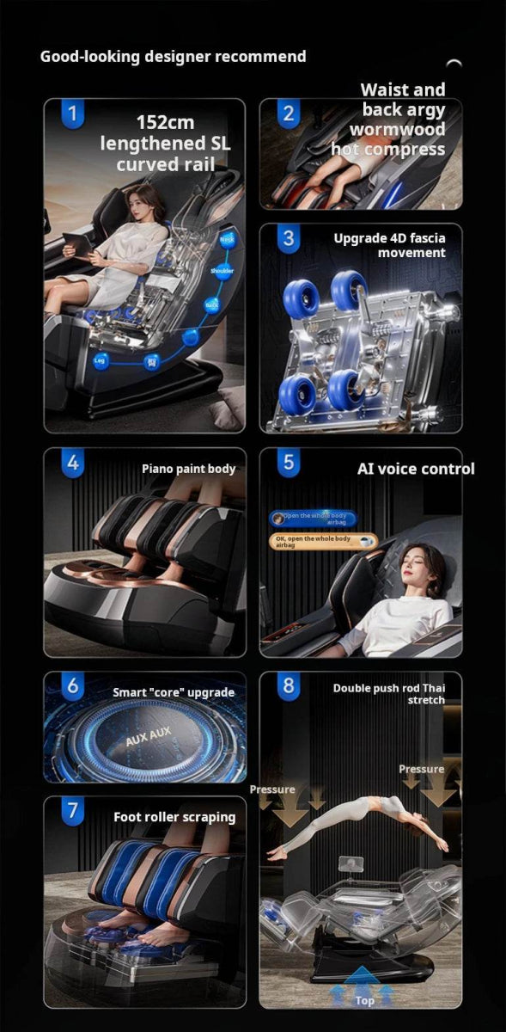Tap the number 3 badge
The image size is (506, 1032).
coord(288,238)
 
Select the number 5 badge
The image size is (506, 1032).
coord(288,463)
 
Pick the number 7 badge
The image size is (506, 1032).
coord(73,811)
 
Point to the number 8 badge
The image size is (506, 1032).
coord(288,686)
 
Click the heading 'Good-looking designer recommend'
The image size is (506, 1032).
coord(173,57)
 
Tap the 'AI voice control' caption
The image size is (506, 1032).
coord(416,469)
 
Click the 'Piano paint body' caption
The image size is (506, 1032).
coord(188,469)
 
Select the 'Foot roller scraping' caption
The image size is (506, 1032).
coord(174,817)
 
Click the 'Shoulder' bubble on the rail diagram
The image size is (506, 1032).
coord(222,271)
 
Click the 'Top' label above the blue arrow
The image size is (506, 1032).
coord(365,1001)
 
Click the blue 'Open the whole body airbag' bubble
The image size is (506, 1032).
coord(314,518)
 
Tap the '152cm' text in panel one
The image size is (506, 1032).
coord(165,123)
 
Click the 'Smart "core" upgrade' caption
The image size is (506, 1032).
coord(174,692)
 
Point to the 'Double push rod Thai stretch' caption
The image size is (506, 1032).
coord(389,694)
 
